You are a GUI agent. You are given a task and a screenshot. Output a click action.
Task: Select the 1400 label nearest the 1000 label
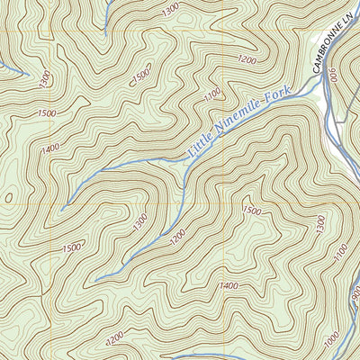click(229, 286)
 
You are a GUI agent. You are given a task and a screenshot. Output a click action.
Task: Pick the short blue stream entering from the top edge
click(106, 13)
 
